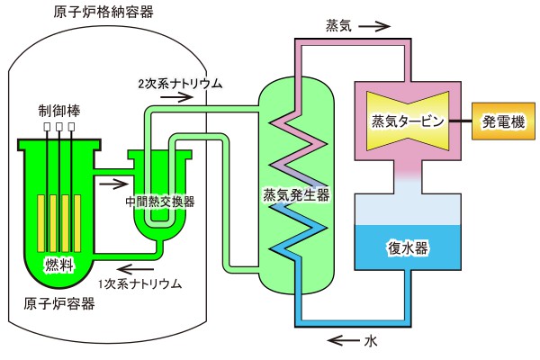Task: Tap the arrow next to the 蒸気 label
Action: pos(378,27)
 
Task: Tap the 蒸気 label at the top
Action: pos(339,27)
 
